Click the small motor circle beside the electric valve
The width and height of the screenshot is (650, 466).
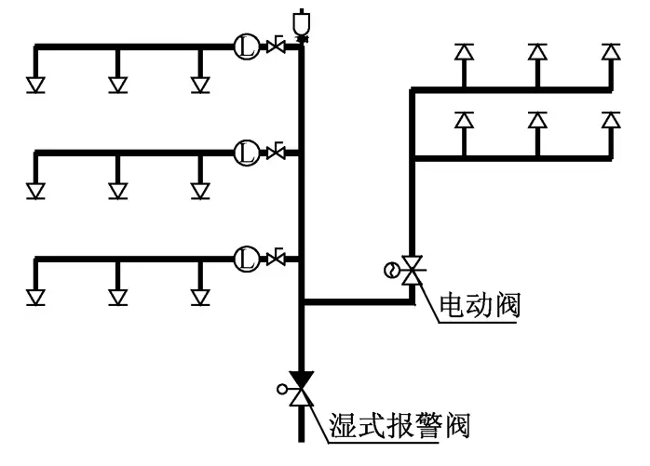391,271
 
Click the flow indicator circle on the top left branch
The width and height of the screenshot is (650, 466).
246,45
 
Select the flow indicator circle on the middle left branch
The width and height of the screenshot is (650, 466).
246,151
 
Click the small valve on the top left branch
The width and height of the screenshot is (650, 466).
275,46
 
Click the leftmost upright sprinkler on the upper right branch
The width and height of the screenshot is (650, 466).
463,51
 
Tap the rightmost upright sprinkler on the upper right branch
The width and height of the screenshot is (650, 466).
611,51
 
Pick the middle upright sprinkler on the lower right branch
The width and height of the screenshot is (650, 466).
536,120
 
